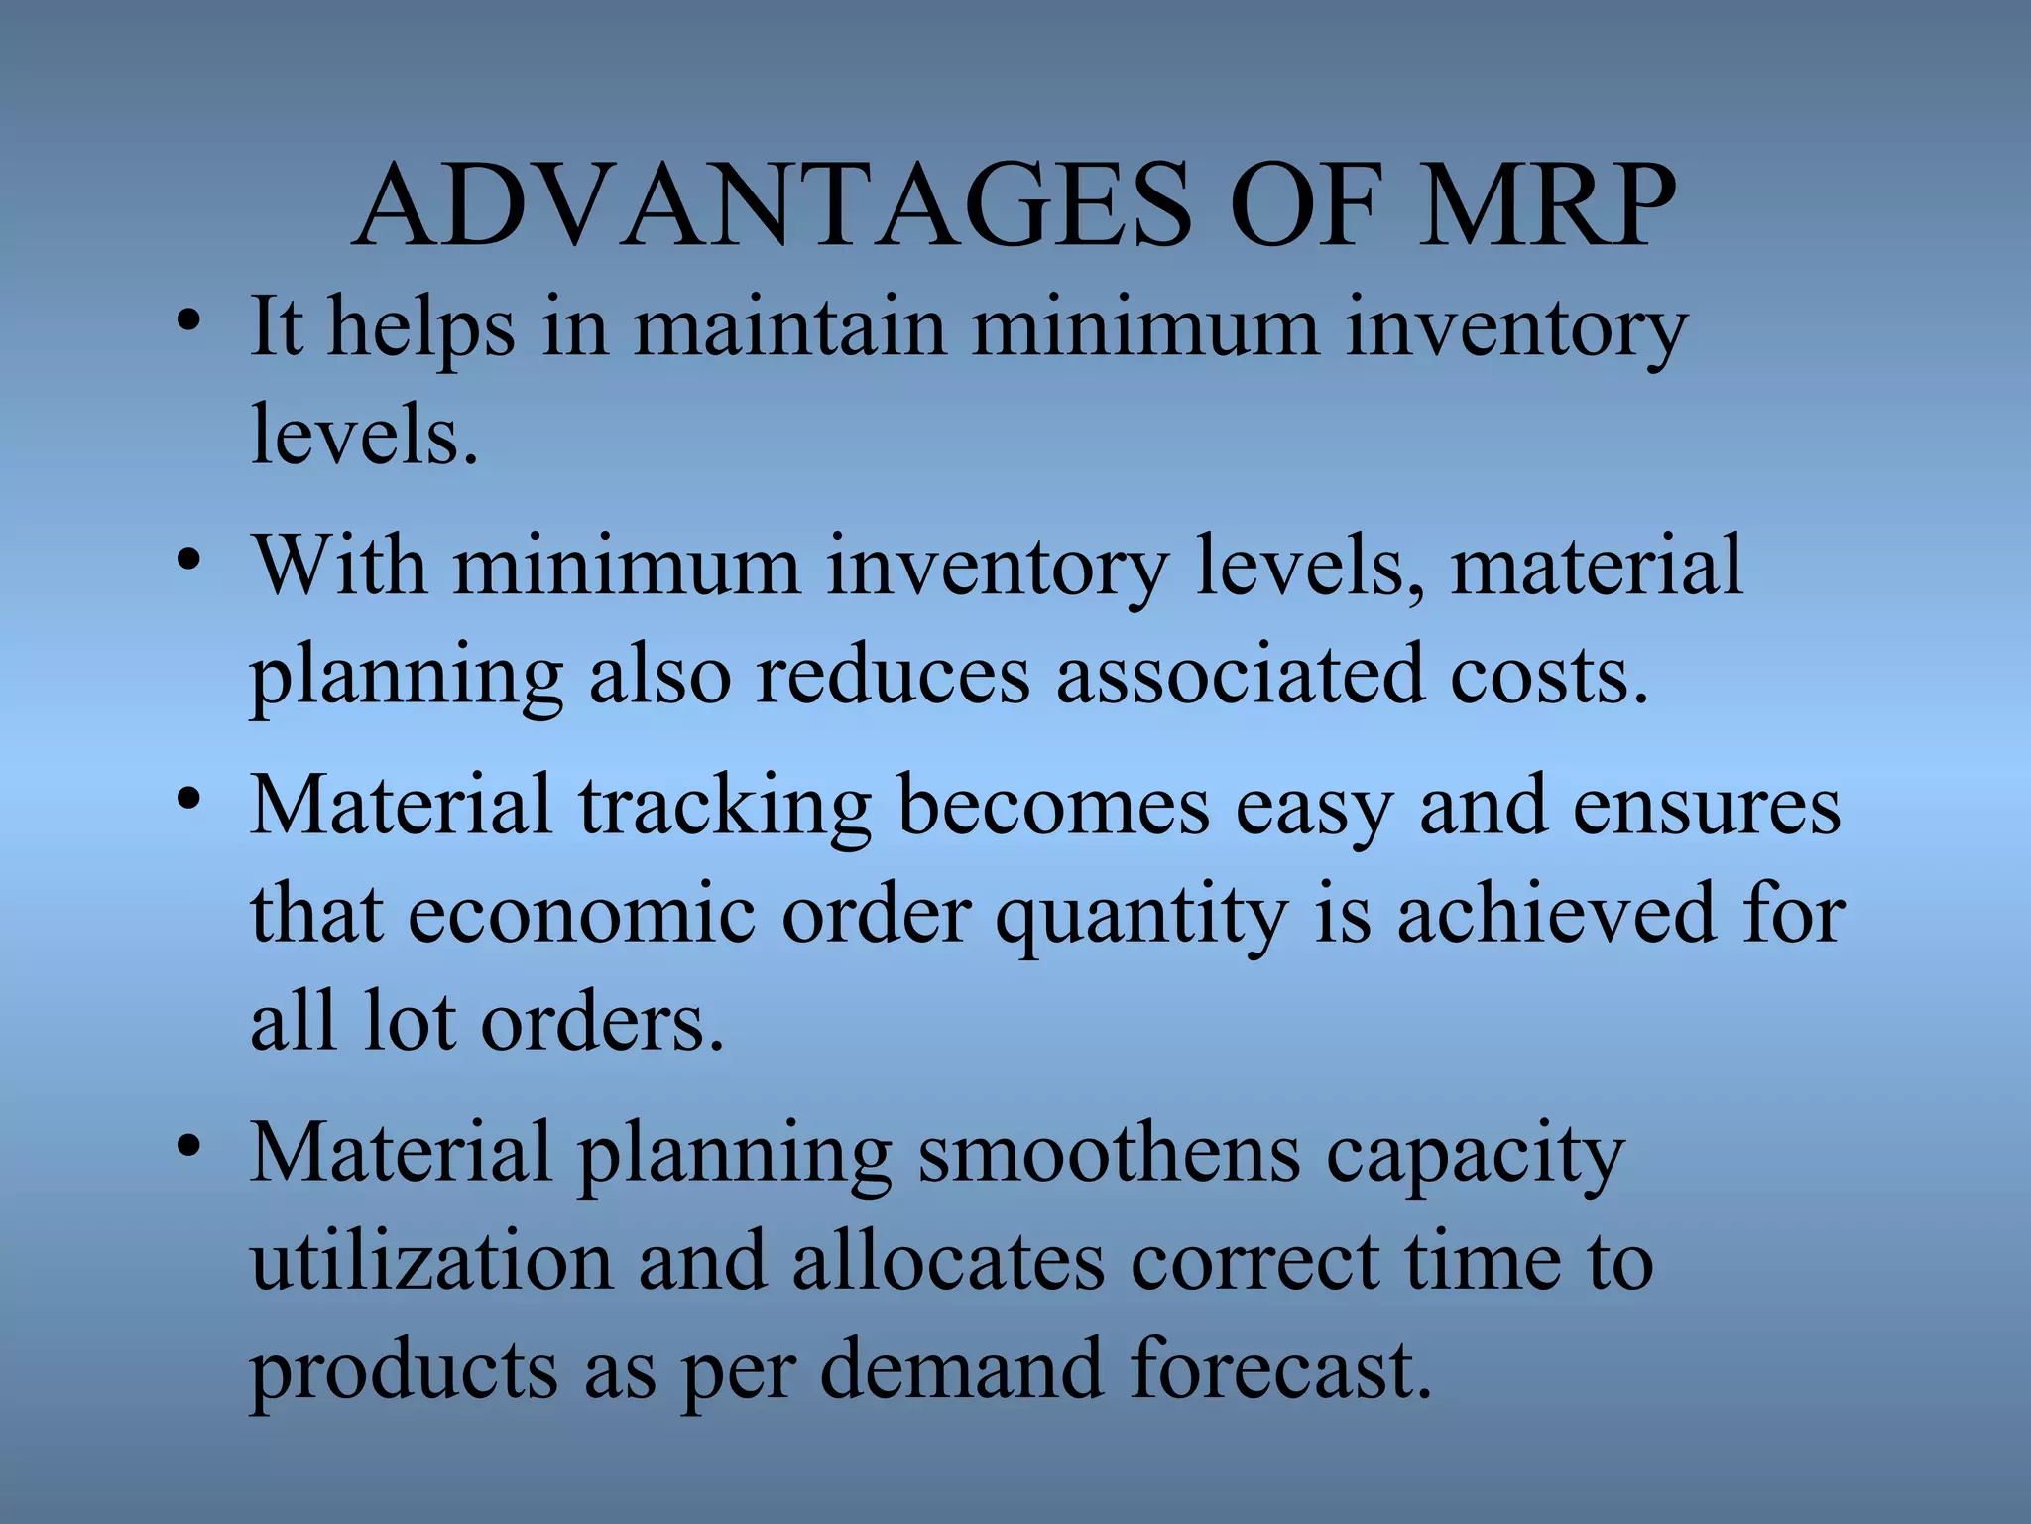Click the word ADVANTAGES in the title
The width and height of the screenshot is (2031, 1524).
(772, 206)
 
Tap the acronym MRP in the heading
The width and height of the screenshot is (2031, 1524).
(1546, 206)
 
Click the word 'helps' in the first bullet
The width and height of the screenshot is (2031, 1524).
(421, 327)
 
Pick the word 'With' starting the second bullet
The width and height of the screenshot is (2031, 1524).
(338, 566)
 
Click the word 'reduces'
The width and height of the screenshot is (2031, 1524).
(892, 675)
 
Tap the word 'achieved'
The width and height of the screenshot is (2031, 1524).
(1556, 913)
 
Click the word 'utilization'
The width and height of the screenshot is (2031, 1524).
(431, 1262)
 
